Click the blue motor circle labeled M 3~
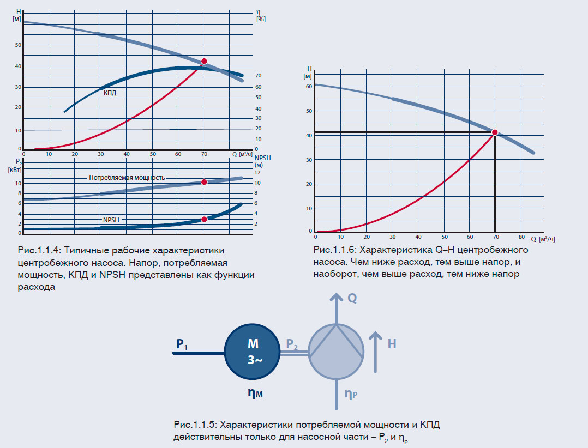coord(252,353)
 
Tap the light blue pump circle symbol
coord(336,352)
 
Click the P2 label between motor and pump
coord(292,344)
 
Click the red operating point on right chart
coord(495,132)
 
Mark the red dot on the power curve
coord(204,182)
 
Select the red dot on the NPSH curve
coord(204,219)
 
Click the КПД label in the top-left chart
coord(110,93)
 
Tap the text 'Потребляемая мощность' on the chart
coord(127,178)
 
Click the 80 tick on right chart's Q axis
coord(521,237)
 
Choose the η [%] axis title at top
coord(260,15)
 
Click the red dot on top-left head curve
coord(204,62)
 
